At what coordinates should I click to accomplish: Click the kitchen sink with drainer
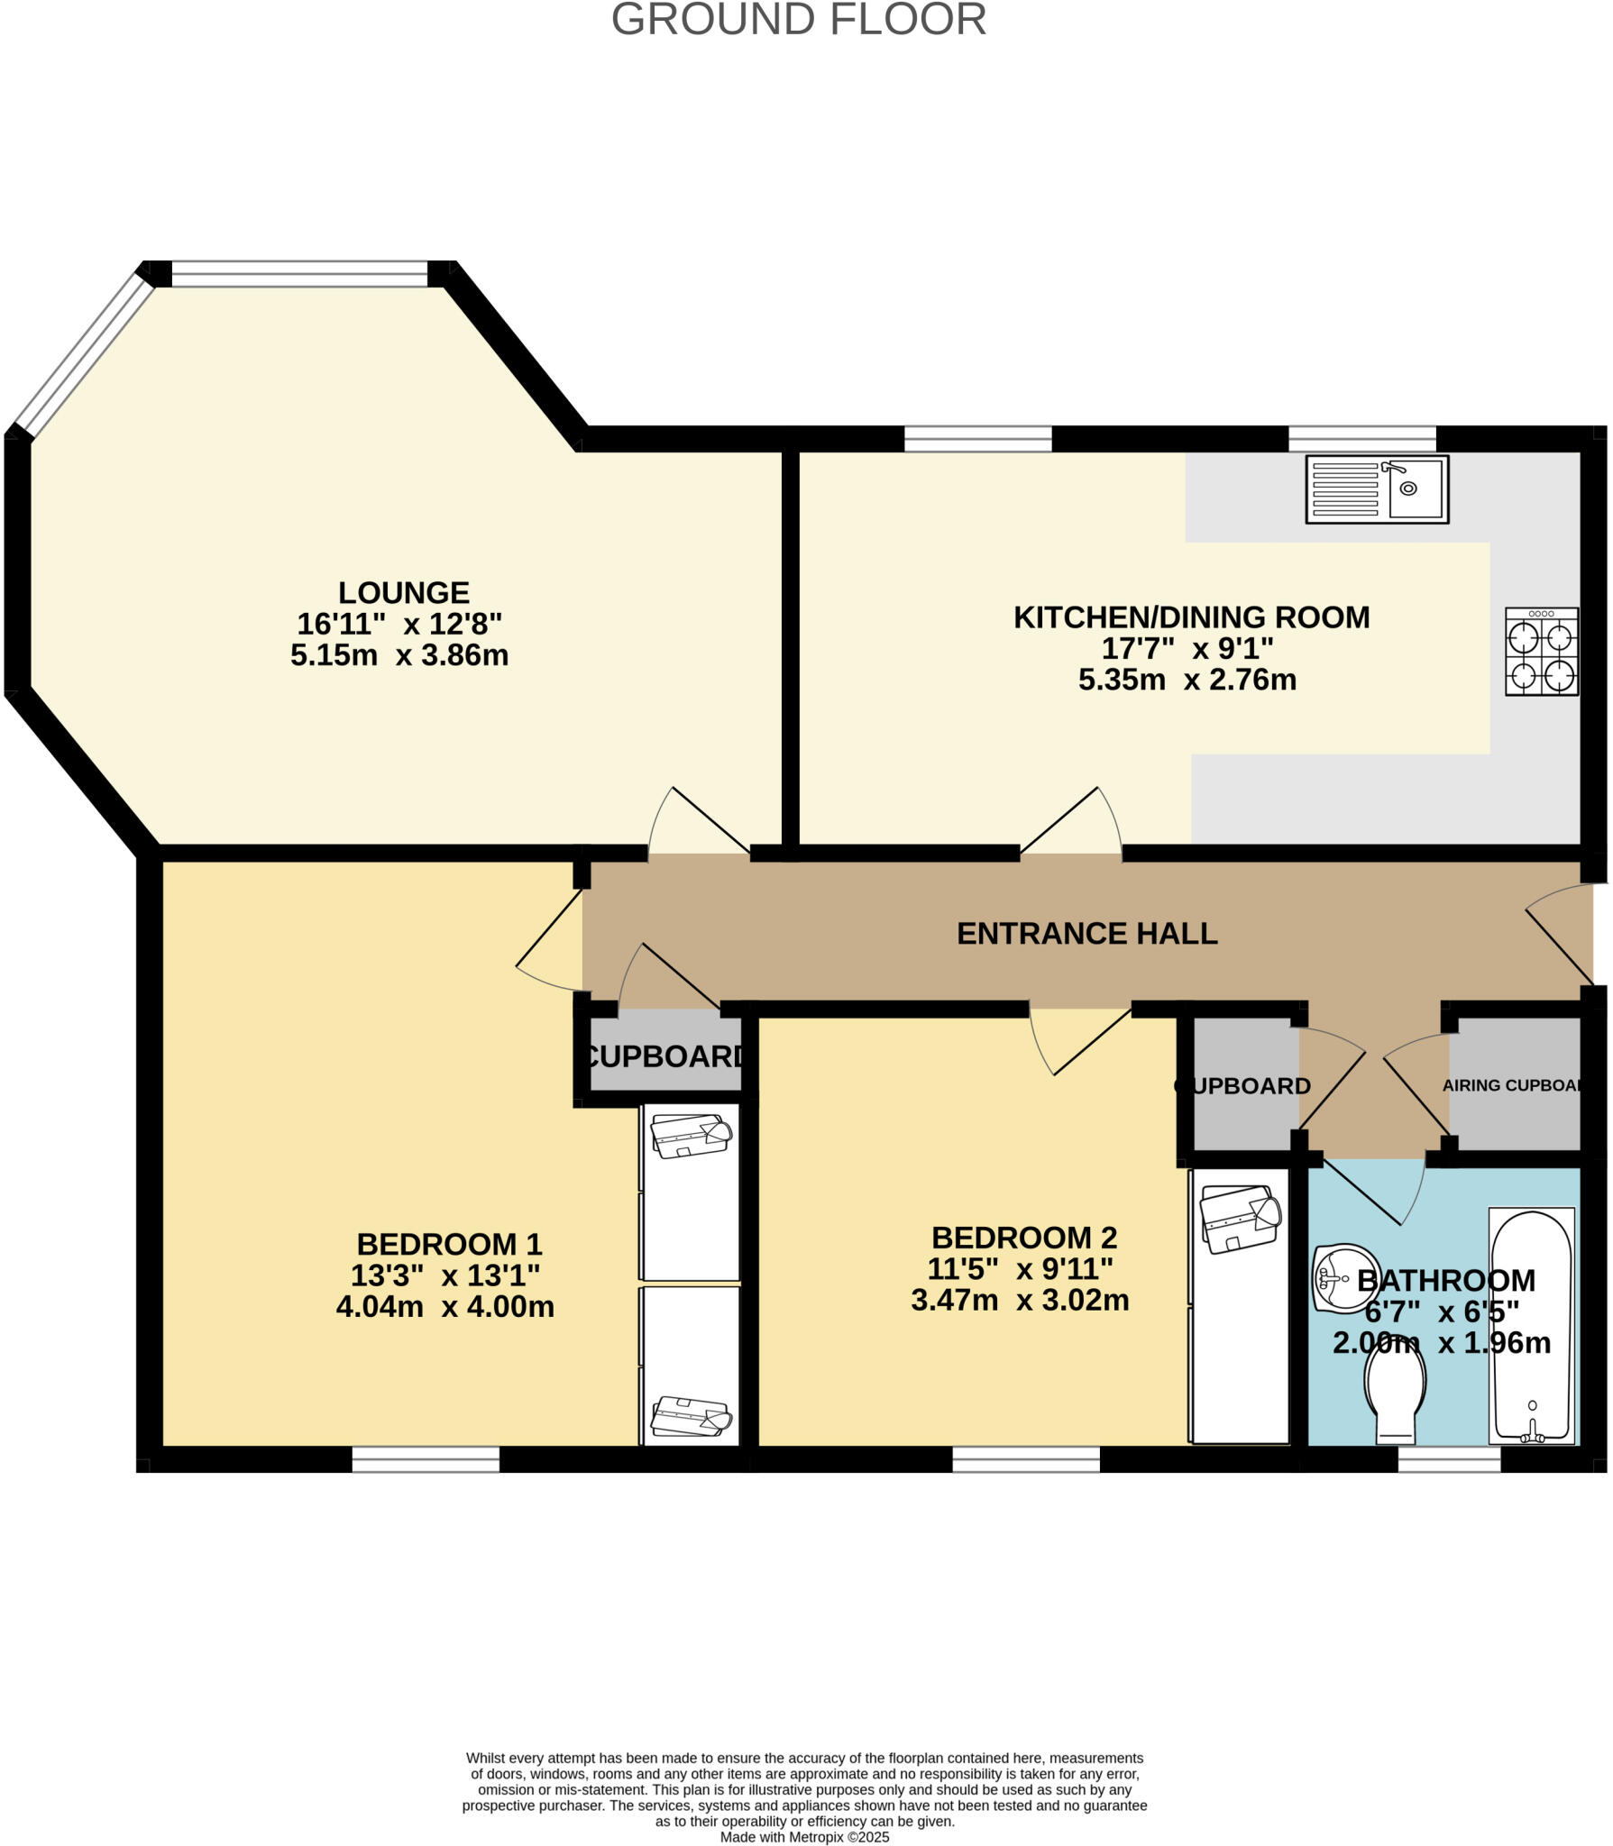pyautogui.click(x=1377, y=489)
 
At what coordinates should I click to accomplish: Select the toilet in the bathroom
pyautogui.click(x=1396, y=1398)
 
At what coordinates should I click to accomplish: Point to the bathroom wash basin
pyautogui.click(x=1341, y=1278)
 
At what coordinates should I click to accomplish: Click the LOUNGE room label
pyautogui.click(x=403, y=593)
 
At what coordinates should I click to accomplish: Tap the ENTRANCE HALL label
pyautogui.click(x=1086, y=934)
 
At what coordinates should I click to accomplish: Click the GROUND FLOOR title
pyautogui.click(x=799, y=20)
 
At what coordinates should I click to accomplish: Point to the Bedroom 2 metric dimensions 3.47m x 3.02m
pyautogui.click(x=1020, y=1301)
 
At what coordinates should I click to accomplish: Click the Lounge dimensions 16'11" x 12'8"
pyautogui.click(x=399, y=624)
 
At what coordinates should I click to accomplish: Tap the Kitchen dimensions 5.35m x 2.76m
pyautogui.click(x=1187, y=680)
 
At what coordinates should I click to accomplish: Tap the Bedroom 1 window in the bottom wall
pyautogui.click(x=426, y=1460)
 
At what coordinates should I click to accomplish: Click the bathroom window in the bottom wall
pyautogui.click(x=1449, y=1460)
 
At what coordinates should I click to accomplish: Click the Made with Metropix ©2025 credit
pyautogui.click(x=804, y=1837)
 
